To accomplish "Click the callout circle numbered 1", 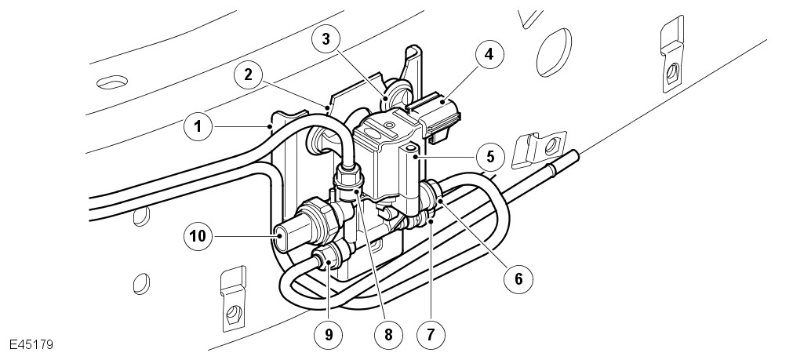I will [198, 125].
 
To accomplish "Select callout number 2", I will [248, 75].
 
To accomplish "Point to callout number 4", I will [488, 55].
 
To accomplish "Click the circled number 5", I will [490, 155].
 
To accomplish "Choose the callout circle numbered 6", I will [518, 278].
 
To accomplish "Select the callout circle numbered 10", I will [198, 234].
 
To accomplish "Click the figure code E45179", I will [31, 344].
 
